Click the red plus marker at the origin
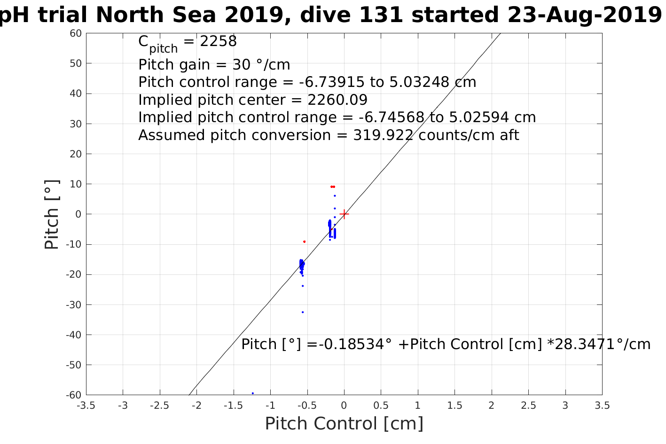pos(344,214)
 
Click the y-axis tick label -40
pos(73,335)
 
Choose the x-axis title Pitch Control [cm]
pos(344,424)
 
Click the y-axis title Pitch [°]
pos(52,215)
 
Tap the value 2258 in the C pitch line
pos(218,42)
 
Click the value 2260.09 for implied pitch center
pos(337,100)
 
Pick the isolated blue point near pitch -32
pos(303,312)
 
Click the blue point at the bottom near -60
pos(253,393)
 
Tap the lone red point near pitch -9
pos(305,241)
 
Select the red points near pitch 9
pos(333,187)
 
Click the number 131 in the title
pos(380,15)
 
